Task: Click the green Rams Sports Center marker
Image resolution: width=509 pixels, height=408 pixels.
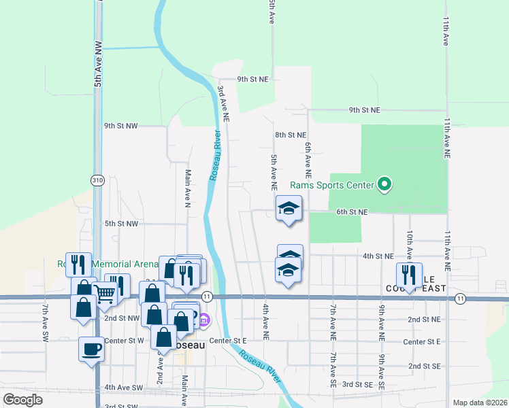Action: pos(385,184)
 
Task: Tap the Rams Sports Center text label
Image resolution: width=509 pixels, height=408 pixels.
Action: pos(332,185)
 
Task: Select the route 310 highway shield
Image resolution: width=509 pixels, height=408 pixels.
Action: pos(98,180)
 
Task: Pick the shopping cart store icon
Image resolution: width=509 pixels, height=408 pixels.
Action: pos(105,294)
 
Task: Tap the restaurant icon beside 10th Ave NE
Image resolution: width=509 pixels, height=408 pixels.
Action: pos(409,275)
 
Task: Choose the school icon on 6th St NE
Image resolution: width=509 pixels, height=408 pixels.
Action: pos(289,208)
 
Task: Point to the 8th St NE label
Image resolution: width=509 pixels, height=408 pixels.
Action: pos(291,135)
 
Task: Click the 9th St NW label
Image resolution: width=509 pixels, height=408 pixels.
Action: pos(120,126)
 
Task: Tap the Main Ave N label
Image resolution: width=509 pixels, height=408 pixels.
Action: pos(187,188)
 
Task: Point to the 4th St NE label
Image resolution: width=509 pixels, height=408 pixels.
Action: pos(378,256)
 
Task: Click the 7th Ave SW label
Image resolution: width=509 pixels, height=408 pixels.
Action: pos(45,323)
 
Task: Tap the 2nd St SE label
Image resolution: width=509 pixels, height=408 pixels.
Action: pos(424,366)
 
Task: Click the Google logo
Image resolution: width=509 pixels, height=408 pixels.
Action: pos(23,400)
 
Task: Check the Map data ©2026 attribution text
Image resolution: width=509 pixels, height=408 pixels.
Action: pos(479,403)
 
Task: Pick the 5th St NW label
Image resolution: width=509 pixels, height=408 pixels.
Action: pos(121,223)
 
